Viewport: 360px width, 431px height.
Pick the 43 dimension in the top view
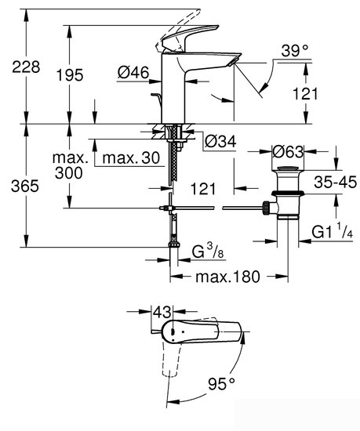(162, 312)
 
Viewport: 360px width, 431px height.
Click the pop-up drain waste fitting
(285, 196)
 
